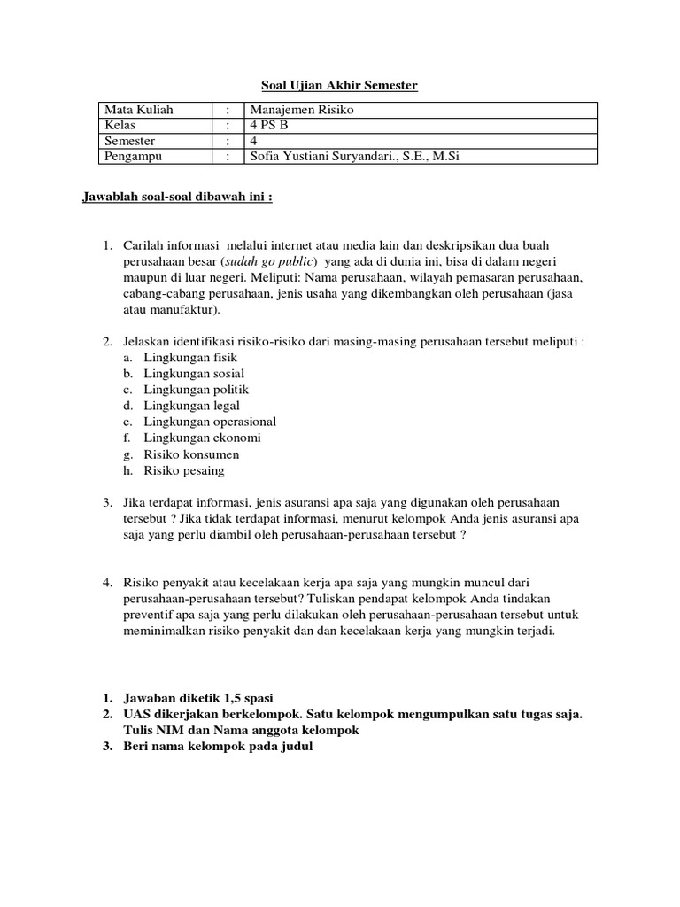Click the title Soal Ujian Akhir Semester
point(339,85)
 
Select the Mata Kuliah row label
point(139,110)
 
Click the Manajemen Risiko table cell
point(302,110)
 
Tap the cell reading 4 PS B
point(270,125)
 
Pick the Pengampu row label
point(134,157)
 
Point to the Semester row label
point(130,141)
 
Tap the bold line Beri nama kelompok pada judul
point(218,747)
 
